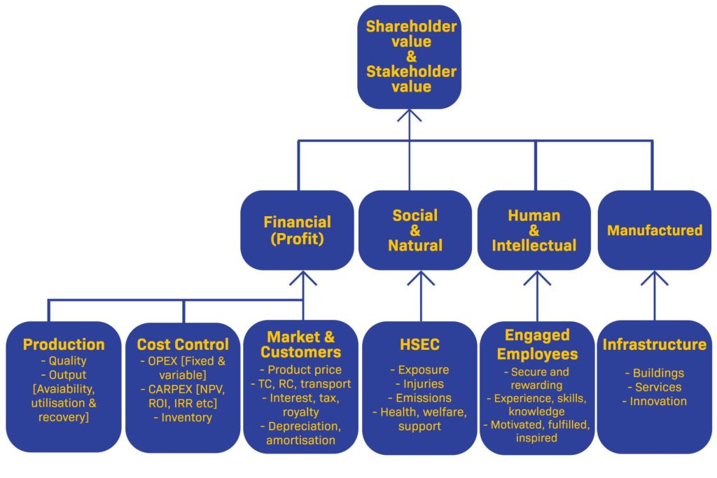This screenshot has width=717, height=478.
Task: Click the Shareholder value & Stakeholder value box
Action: pyautogui.click(x=410, y=57)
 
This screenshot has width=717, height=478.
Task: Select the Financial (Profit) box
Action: pyautogui.click(x=298, y=230)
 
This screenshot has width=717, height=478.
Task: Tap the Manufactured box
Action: pyautogui.click(x=654, y=230)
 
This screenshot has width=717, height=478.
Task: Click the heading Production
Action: pyautogui.click(x=64, y=344)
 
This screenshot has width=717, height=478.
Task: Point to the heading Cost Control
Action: pyautogui.click(x=183, y=344)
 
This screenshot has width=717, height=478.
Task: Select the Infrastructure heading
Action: pyautogui.click(x=654, y=344)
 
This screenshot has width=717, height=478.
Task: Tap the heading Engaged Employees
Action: pyautogui.click(x=536, y=344)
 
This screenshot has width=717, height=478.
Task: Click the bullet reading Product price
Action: pyautogui.click(x=303, y=370)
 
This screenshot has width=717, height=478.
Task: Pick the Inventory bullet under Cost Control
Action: pyautogui.click(x=183, y=418)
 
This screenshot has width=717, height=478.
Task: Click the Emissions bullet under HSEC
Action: pyautogui.click(x=420, y=398)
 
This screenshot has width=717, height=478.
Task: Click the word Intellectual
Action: pyautogui.click(x=534, y=246)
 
